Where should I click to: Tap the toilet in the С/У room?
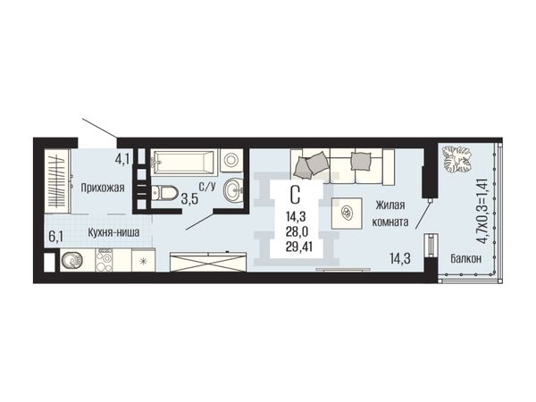(x=164, y=193)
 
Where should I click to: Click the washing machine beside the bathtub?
(x=231, y=160)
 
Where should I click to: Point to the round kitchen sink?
(x=72, y=261)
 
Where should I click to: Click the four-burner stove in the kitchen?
(x=104, y=260)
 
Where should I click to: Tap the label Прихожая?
(x=103, y=188)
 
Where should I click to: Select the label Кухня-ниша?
(x=113, y=233)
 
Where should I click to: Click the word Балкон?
(x=465, y=259)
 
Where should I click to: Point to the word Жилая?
(x=390, y=205)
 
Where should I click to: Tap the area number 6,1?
(x=55, y=237)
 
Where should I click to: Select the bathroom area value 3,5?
(x=189, y=198)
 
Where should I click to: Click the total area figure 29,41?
(x=299, y=247)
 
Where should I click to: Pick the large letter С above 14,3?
(x=295, y=195)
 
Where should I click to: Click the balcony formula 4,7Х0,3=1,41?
(x=482, y=211)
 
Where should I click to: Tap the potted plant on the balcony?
(x=456, y=159)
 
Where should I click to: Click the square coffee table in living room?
(x=347, y=214)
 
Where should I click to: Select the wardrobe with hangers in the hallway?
(x=57, y=181)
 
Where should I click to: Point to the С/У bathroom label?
(x=207, y=187)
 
